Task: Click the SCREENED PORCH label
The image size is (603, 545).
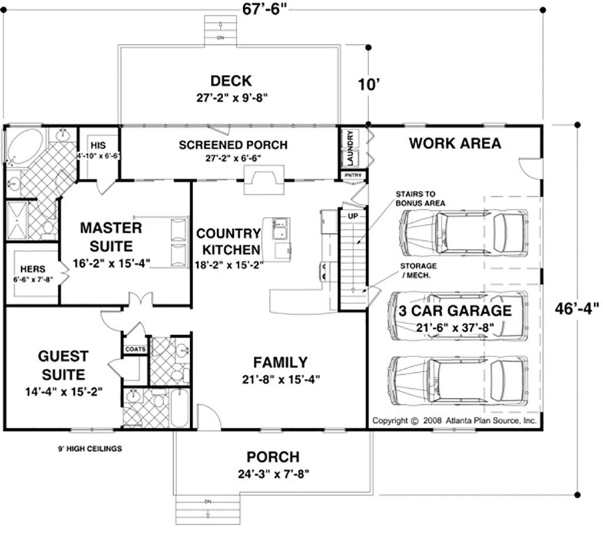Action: coord(233,144)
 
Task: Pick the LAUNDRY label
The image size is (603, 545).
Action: coord(350,147)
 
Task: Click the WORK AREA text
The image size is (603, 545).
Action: coord(455,143)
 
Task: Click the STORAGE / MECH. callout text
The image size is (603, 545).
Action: coord(418,269)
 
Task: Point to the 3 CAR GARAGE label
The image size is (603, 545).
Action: coord(455,311)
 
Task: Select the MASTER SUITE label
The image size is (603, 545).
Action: coord(111,236)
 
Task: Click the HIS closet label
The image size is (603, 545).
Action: coord(97,145)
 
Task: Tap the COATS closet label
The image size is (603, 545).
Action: coord(134,349)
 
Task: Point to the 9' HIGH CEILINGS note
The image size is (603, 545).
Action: coord(90,448)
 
